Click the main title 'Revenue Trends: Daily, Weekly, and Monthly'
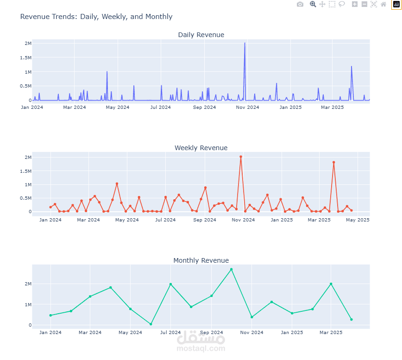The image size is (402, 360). [x=96, y=17]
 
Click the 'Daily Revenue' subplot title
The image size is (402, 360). [x=201, y=35]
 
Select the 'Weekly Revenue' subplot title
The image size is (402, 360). [x=201, y=148]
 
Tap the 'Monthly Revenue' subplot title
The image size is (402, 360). [x=201, y=260]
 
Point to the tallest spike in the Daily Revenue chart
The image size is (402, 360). [x=245, y=43]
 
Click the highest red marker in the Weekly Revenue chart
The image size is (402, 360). [x=241, y=157]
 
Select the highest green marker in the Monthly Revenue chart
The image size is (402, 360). [x=231, y=269]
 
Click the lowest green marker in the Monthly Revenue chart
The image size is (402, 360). [x=151, y=324]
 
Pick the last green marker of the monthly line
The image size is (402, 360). [x=351, y=319]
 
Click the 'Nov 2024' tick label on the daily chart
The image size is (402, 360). [x=248, y=107]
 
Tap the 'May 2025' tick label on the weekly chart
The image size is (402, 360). [x=358, y=220]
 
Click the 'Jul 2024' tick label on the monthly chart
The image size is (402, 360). [x=170, y=333]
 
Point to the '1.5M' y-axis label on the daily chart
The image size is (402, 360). [x=25, y=57]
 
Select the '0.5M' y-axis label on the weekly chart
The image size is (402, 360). [x=25, y=198]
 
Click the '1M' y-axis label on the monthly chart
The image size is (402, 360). [x=27, y=304]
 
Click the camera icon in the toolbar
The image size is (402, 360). [x=300, y=4]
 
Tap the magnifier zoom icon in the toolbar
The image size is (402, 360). [x=313, y=4]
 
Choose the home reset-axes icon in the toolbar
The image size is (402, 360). [x=383, y=4]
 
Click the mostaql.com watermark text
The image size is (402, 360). [x=201, y=348]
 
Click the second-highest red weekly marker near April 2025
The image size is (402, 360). [x=333, y=162]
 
